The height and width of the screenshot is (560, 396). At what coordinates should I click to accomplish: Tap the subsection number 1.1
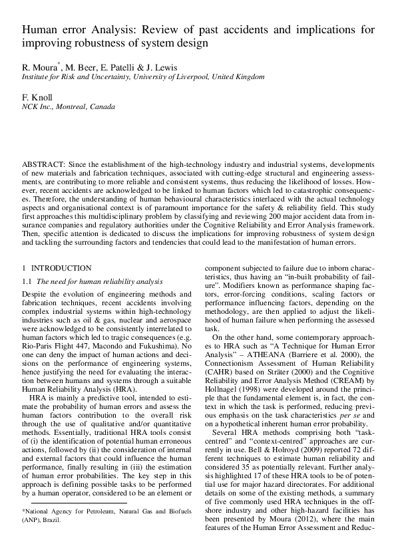click(x=27, y=281)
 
